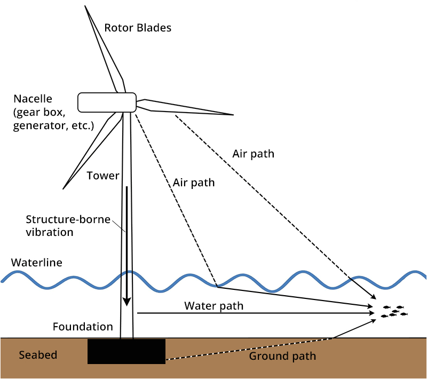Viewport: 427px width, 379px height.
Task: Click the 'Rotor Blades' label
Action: [x=138, y=28]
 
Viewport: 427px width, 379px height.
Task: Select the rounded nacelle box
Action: [x=107, y=102]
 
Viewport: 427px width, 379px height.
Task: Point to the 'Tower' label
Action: [x=102, y=176]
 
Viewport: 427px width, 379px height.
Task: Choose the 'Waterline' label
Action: [x=36, y=263]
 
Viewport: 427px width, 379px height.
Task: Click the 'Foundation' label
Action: [x=83, y=327]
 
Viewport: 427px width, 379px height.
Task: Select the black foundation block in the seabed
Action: [x=126, y=352]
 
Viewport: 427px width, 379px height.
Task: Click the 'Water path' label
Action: [x=213, y=306]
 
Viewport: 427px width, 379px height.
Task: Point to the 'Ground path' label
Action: [x=282, y=356]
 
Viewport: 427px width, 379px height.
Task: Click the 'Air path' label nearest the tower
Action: [x=194, y=183]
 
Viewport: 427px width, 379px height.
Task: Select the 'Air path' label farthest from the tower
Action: [x=253, y=154]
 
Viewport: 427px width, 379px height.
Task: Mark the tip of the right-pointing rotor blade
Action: [x=233, y=114]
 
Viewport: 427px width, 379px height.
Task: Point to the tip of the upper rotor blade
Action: [x=85, y=6]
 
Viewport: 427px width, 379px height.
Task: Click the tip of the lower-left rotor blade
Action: [x=64, y=188]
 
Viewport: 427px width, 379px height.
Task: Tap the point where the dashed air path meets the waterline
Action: [x=216, y=287]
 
